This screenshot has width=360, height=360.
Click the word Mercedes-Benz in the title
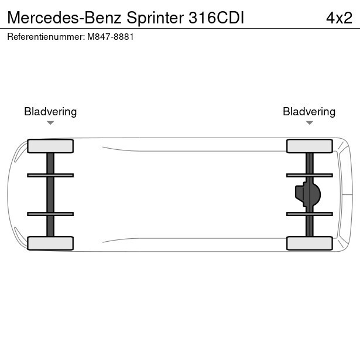(64, 18)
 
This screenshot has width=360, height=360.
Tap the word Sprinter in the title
(155, 18)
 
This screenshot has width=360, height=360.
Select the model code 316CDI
(216, 18)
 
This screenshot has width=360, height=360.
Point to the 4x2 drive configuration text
(339, 18)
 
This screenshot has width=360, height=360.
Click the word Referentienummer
(46, 37)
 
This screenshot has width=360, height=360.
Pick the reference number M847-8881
(111, 37)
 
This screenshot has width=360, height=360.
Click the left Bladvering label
(50, 112)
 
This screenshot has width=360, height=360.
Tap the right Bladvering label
(309, 112)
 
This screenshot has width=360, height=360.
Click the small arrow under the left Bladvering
(50, 123)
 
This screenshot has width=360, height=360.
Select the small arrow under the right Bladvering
(310, 123)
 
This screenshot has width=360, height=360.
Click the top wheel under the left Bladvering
(50, 146)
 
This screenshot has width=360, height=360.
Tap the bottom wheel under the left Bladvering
(50, 243)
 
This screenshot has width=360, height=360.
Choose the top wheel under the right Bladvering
(310, 146)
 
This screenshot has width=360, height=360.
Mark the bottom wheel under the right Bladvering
(310, 243)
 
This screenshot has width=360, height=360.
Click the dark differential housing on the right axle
(308, 194)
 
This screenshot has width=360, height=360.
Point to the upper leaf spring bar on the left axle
(50, 176)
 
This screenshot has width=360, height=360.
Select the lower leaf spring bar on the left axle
(50, 214)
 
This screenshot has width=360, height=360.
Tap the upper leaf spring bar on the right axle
(310, 176)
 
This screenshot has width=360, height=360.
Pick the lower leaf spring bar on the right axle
(310, 214)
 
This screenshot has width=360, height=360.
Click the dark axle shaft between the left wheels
(50, 195)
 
